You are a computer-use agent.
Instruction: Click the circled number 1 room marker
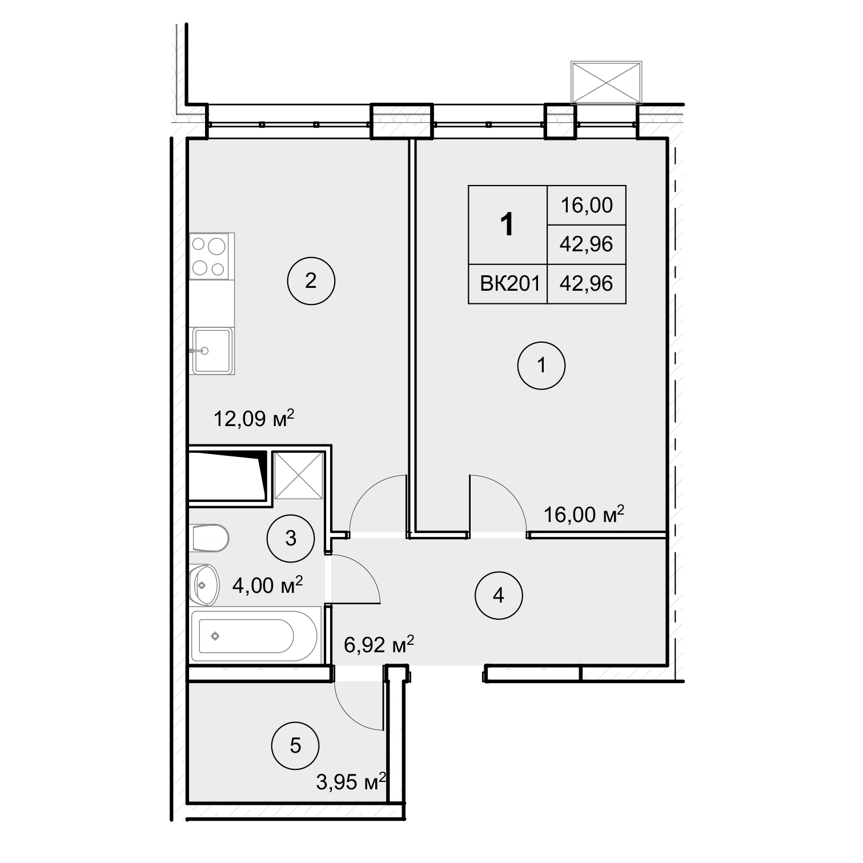541,366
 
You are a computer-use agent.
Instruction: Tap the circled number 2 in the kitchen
311,281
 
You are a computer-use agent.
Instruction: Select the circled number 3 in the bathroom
291,537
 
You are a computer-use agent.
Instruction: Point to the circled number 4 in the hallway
499,596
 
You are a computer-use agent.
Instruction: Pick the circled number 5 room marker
295,745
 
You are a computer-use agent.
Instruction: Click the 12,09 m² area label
254,419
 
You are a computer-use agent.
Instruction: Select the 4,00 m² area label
267,585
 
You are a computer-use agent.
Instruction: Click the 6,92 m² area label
379,646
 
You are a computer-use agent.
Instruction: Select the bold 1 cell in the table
507,224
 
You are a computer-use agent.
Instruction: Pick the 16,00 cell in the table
587,204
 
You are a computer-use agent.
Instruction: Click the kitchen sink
212,350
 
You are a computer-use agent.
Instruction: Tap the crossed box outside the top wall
606,83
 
